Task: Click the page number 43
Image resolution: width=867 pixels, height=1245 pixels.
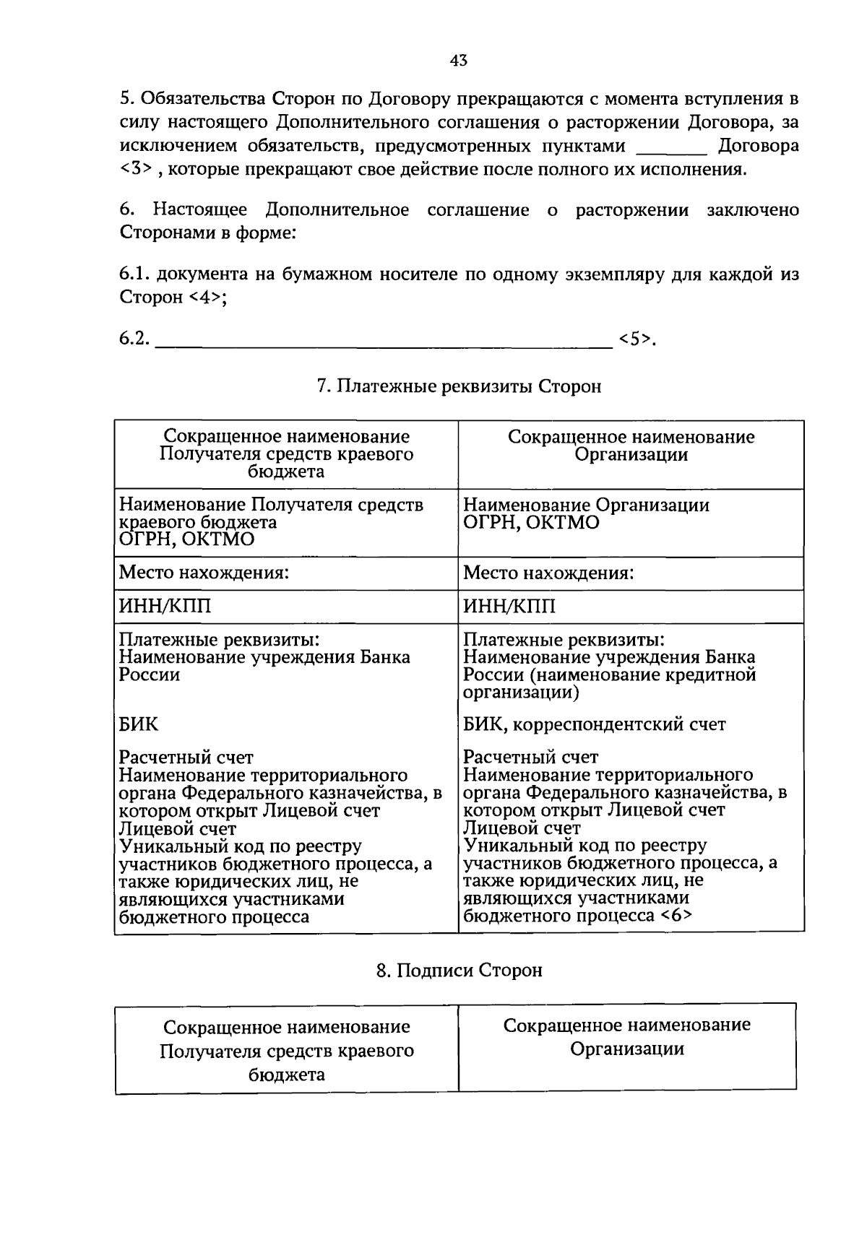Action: pyautogui.click(x=459, y=61)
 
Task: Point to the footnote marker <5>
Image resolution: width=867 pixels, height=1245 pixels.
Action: pyautogui.click(x=634, y=339)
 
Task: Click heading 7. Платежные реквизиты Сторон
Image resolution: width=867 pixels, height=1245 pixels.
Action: pyautogui.click(x=459, y=387)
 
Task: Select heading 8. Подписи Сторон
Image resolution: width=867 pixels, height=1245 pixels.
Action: pyautogui.click(x=459, y=970)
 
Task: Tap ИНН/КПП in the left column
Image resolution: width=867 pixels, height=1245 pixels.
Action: pyautogui.click(x=165, y=606)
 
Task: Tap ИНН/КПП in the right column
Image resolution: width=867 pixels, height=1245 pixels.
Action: pyautogui.click(x=509, y=606)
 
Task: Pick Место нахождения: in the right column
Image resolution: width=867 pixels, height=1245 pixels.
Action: pyautogui.click(x=548, y=573)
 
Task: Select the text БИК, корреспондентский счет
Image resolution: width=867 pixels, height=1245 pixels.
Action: pyautogui.click(x=594, y=724)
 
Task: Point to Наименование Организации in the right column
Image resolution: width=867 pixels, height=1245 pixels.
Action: pyautogui.click(x=586, y=505)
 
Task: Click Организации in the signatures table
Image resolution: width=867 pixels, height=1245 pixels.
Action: pyautogui.click(x=627, y=1049)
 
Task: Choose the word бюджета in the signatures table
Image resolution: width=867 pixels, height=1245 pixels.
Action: pyautogui.click(x=286, y=1074)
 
